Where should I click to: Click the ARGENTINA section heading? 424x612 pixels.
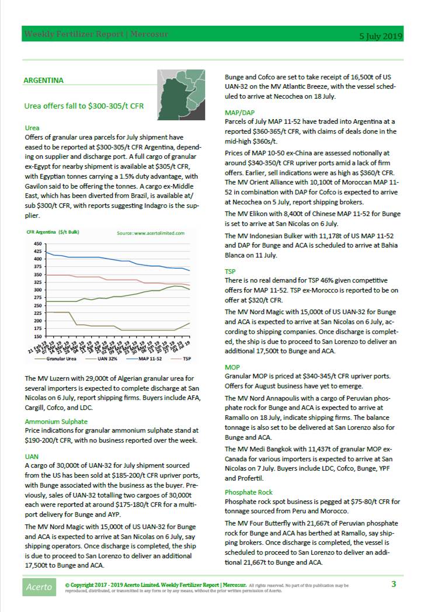point(44,81)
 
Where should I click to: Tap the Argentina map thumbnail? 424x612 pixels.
point(180,91)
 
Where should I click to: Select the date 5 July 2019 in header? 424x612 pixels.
point(380,36)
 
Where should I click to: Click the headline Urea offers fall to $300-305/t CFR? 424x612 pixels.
point(84,106)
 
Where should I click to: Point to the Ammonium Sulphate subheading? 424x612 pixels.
point(56,421)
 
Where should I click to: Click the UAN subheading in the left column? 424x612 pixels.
point(32,456)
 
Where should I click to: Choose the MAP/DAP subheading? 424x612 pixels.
point(239,113)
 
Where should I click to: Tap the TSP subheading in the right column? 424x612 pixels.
point(231,272)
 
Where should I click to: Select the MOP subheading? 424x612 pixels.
point(232,367)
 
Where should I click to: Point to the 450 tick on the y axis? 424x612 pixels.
point(37,244)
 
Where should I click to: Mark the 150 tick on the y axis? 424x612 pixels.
point(37,336)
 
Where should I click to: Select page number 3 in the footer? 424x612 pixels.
point(394,583)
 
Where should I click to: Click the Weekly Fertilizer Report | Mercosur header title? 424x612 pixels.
point(96,34)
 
